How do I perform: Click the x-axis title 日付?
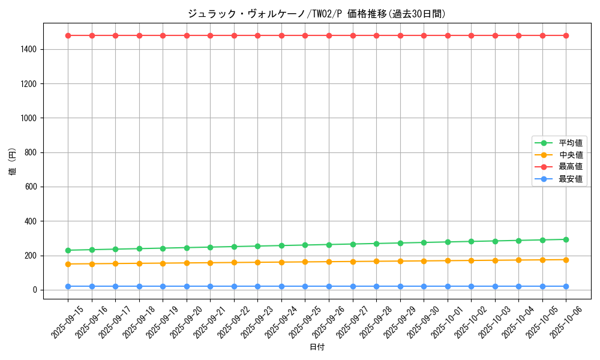coord(317,347)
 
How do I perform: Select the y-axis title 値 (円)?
coord(13,161)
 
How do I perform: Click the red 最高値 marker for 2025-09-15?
coord(68,35)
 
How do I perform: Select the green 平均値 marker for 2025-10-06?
coord(566,239)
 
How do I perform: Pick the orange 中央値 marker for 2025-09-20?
coord(187,263)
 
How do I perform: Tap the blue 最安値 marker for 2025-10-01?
coord(448,286)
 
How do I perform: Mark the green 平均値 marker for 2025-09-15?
coord(68,250)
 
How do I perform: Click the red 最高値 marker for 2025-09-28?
coord(376,35)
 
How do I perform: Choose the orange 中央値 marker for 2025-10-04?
coord(518,260)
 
